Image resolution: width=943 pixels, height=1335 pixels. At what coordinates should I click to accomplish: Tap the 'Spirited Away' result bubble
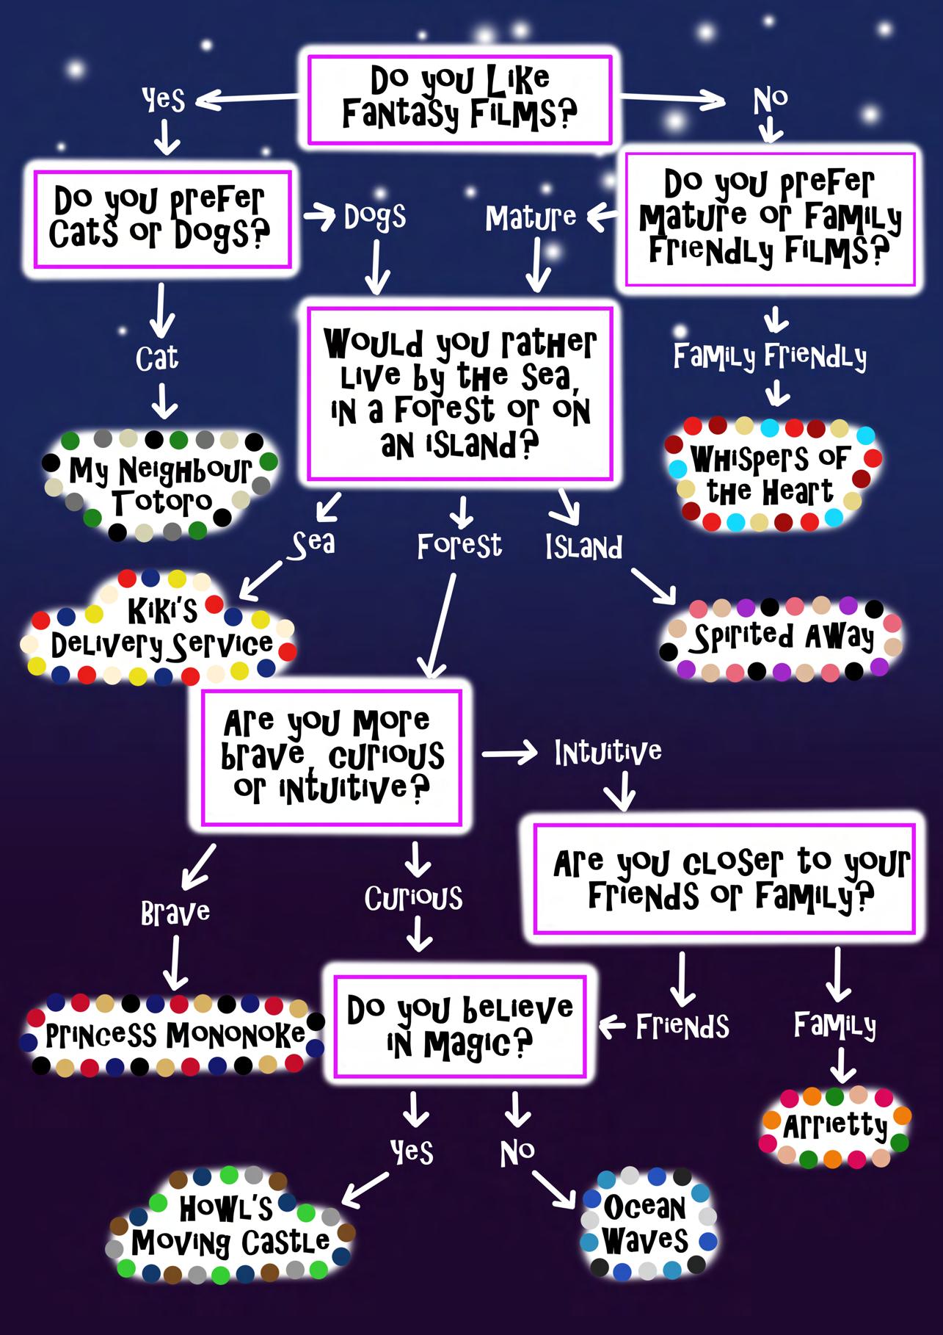[782, 638]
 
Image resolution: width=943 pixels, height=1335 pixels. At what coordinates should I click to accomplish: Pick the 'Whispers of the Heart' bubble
[771, 475]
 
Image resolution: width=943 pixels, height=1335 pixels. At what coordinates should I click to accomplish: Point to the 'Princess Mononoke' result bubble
[175, 1035]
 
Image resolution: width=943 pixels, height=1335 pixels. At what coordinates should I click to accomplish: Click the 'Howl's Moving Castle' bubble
[230, 1225]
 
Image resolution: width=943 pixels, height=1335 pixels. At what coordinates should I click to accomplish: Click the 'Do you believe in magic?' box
[459, 1026]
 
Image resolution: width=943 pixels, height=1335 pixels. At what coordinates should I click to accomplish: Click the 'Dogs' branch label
[374, 217]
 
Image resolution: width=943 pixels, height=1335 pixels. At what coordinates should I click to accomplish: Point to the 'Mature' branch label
[531, 217]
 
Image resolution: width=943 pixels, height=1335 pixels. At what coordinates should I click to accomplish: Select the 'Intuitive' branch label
[608, 752]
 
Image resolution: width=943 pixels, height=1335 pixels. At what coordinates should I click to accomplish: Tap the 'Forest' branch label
[459, 546]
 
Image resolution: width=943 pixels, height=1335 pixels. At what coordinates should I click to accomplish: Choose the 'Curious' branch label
[414, 898]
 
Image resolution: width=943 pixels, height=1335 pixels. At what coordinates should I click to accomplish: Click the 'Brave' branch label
[175, 913]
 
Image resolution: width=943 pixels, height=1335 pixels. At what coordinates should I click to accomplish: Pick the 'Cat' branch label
[157, 359]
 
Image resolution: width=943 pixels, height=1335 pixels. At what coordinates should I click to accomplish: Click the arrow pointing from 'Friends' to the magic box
[612, 1025]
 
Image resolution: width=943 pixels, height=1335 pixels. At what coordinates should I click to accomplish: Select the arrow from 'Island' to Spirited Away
[652, 585]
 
